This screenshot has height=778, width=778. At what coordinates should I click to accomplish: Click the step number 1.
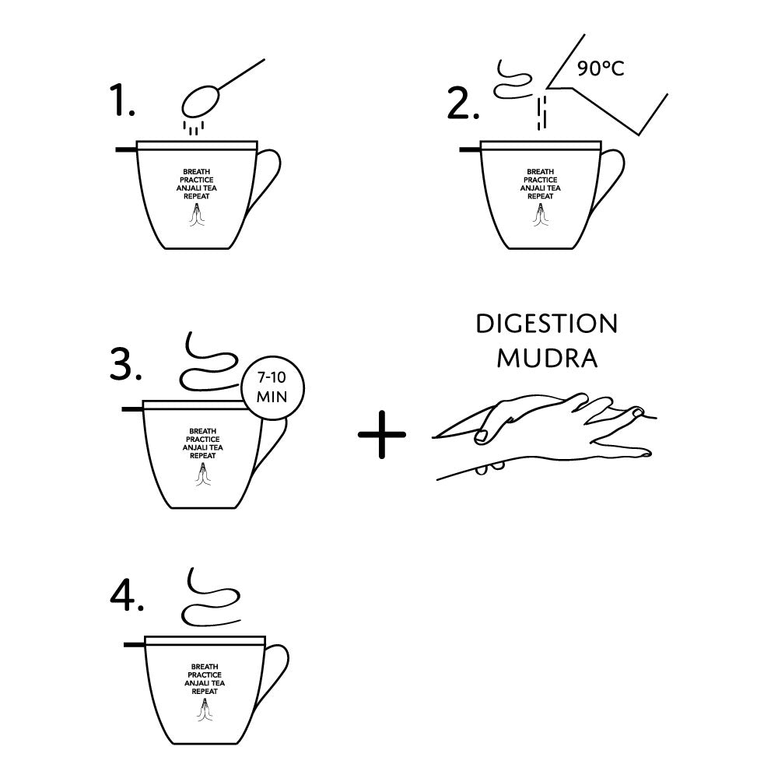coord(122,100)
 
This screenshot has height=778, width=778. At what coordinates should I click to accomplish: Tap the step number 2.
coord(463,103)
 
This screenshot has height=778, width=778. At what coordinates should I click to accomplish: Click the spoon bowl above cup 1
coord(199,102)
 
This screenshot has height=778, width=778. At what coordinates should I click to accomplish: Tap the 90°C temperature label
coord(601,68)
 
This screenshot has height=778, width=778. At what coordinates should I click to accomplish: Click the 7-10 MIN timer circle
coord(272,387)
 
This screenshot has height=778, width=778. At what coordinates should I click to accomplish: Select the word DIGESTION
coord(547,324)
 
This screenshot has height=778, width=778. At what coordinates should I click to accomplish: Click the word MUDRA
coord(547,358)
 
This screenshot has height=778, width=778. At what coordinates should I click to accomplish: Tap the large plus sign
coord(381,434)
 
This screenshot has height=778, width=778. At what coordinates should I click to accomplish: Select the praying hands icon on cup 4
coord(205,710)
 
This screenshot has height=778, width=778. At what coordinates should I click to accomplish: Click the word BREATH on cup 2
coord(541,172)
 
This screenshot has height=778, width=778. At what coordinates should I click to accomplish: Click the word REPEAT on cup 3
coord(203,455)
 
